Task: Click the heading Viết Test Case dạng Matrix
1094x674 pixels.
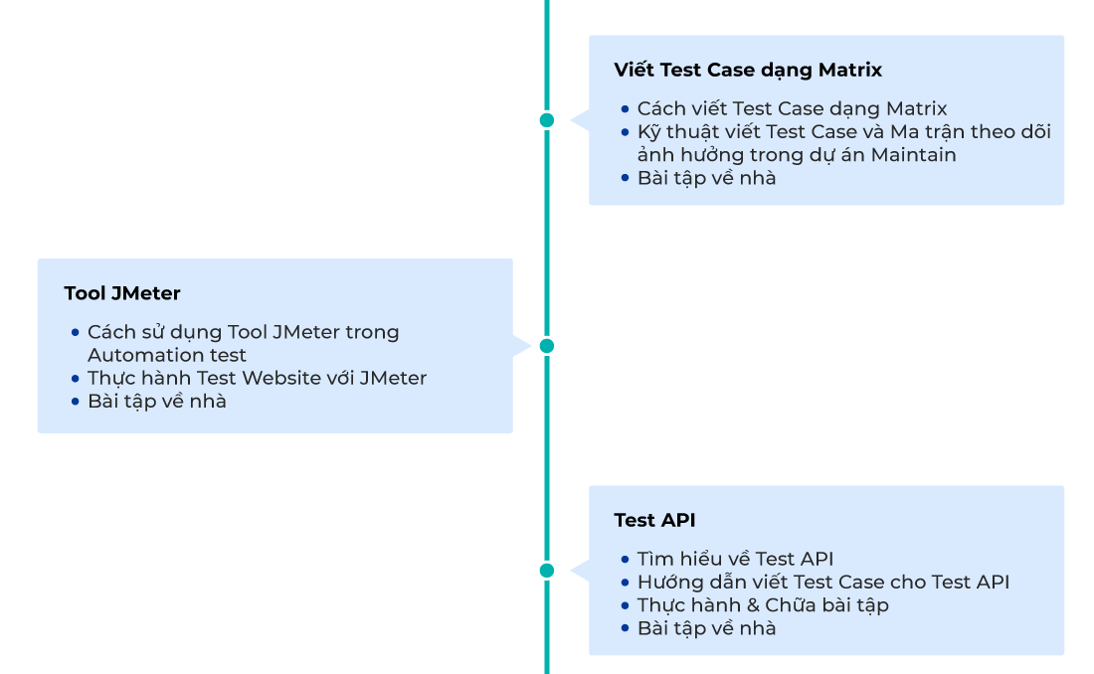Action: [748, 71]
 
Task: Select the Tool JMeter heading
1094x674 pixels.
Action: [122, 293]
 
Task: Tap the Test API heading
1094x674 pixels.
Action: [654, 520]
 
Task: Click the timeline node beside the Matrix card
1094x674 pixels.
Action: [546, 120]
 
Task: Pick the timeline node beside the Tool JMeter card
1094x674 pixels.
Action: [546, 346]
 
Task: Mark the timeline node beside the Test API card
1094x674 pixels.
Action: [546, 571]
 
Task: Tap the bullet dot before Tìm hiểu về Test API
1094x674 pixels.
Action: [625, 560]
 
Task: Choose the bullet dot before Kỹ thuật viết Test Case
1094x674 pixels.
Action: [625, 132]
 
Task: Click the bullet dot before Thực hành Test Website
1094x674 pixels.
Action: [75, 379]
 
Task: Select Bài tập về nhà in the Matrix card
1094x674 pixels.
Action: [706, 179]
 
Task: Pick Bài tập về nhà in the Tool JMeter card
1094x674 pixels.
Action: [156, 402]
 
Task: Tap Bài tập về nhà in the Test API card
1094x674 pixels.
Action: [706, 628]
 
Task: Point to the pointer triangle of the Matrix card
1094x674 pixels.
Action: [578, 120]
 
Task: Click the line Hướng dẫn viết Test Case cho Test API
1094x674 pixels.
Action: [822, 583]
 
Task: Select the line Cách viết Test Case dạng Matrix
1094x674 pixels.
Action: [792, 109]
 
